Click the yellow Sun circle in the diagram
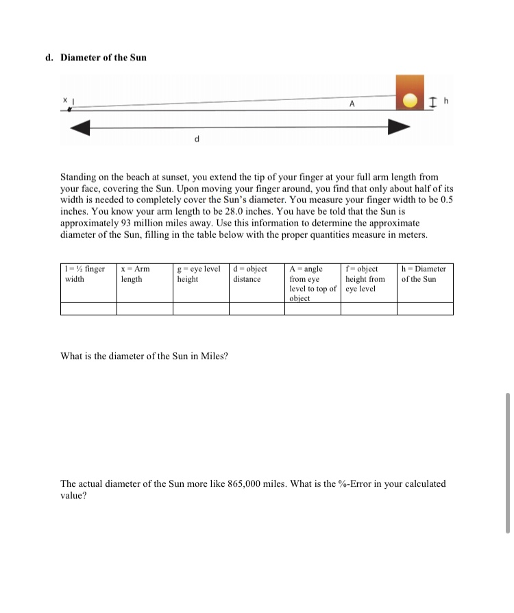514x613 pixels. (410, 100)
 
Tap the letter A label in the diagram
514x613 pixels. (352, 104)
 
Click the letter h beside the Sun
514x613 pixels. (445, 101)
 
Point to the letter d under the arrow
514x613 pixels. (197, 139)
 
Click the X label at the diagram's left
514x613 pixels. (66, 100)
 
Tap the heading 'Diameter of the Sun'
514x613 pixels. (103, 57)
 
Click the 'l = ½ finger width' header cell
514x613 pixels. (88, 274)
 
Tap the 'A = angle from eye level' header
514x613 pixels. (313, 283)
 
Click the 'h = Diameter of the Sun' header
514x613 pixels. (424, 274)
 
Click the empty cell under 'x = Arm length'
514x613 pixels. (144, 309)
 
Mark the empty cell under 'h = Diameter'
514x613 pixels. (425, 309)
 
